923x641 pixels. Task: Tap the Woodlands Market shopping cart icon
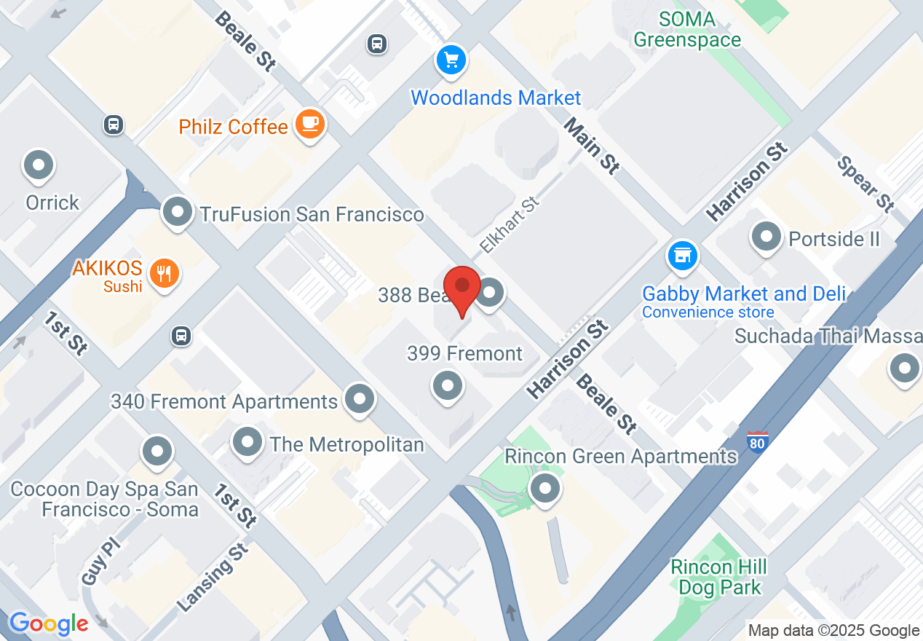coord(451,59)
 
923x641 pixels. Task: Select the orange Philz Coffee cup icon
coord(310,125)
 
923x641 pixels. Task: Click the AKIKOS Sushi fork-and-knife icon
coord(165,273)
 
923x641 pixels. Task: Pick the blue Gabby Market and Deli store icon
coord(682,256)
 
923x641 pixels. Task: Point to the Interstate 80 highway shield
coord(758,441)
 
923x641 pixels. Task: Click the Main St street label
coord(592,146)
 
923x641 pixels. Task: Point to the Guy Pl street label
coord(95,562)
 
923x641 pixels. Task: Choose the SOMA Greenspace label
coord(687,30)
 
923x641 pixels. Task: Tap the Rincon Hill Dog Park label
coord(719,577)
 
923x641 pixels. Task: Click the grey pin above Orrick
coord(39,166)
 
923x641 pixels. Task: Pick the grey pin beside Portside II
coord(766,237)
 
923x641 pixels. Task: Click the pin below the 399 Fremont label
coord(448,385)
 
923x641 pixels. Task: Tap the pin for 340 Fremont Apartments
coord(359,399)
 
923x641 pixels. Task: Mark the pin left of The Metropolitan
coord(247,442)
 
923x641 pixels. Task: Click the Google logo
coord(49,624)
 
